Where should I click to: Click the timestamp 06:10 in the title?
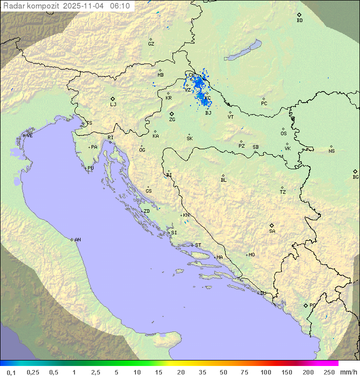tap(120, 6)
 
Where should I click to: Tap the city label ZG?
tap(172, 120)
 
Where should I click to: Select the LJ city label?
tap(113, 105)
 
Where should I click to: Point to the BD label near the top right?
tap(299, 21)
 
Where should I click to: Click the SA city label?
tap(272, 231)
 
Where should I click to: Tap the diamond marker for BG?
tap(355, 171)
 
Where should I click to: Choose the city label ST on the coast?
tap(198, 245)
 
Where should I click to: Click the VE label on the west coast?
tap(29, 136)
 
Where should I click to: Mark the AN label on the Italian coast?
tap(77, 240)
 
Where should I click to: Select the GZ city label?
tap(151, 44)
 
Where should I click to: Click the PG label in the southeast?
tap(312, 305)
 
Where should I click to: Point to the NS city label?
tap(331, 151)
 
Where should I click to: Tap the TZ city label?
tap(283, 192)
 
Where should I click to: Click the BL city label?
tap(223, 180)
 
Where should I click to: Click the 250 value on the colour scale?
tap(329, 372)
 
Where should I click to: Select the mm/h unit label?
tap(348, 372)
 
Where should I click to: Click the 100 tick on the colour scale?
tap(265, 372)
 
